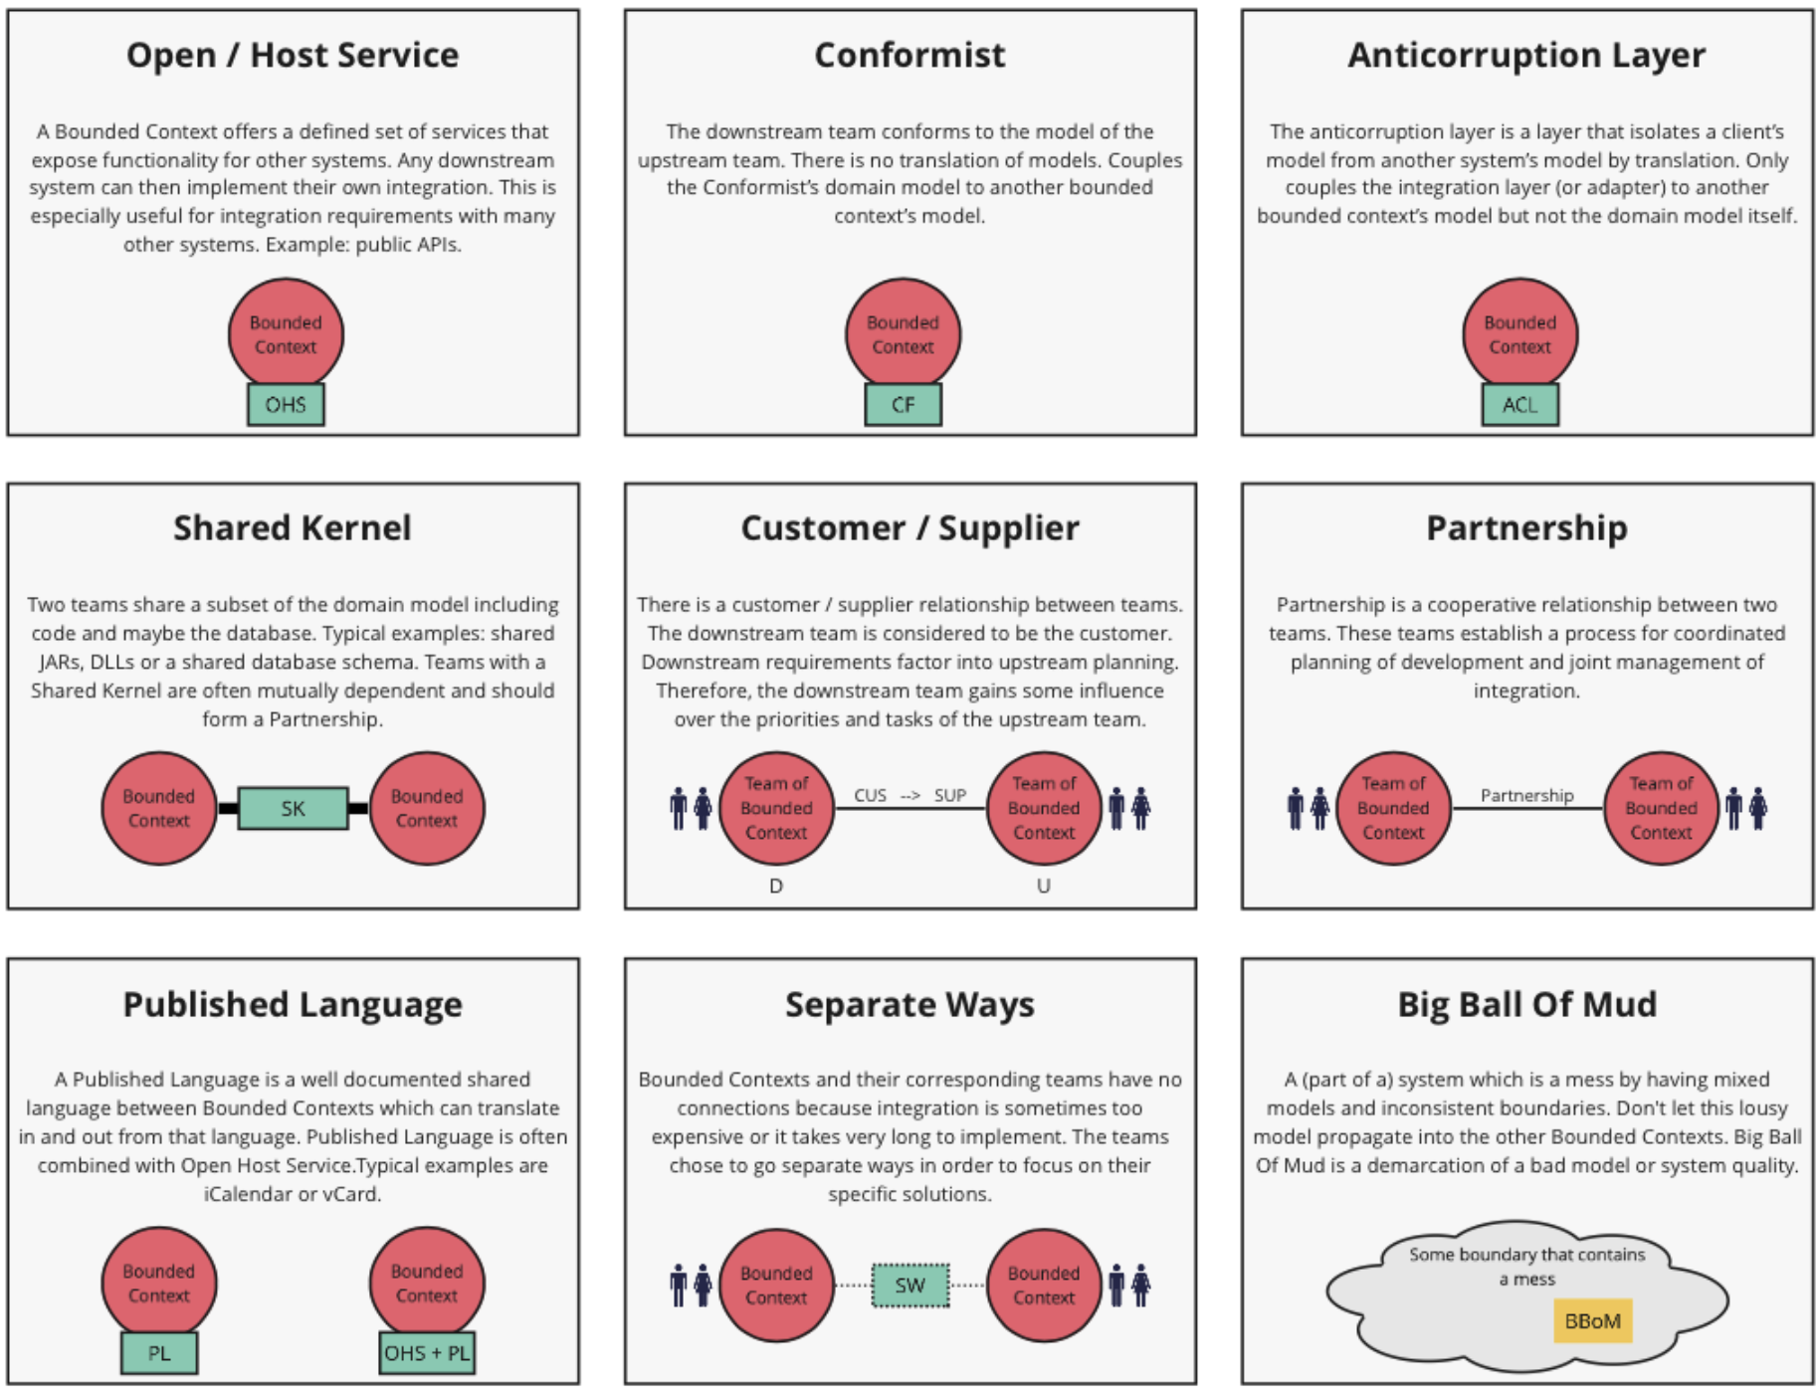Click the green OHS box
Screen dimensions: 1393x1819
pyautogui.click(x=286, y=405)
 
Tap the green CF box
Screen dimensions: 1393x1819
pyautogui.click(x=903, y=405)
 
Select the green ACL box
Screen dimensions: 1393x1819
pyautogui.click(x=1519, y=405)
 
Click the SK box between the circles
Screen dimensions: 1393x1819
pyautogui.click(x=293, y=808)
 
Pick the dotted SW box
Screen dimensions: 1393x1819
pyautogui.click(x=909, y=1286)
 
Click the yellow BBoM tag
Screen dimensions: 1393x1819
pyautogui.click(x=1592, y=1321)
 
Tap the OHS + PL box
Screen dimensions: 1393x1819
pyautogui.click(x=427, y=1353)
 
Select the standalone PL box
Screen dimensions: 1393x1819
pyautogui.click(x=159, y=1353)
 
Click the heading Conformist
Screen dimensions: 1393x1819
pyautogui.click(x=909, y=55)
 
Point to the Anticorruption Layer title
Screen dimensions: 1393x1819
pyautogui.click(x=1526, y=55)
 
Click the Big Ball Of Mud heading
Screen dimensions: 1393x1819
pyautogui.click(x=1526, y=1004)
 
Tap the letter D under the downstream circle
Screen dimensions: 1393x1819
pyautogui.click(x=776, y=886)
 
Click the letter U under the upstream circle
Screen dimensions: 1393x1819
pyautogui.click(x=1043, y=886)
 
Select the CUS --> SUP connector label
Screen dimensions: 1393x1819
pyautogui.click(x=909, y=795)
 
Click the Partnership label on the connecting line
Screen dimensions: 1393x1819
pyautogui.click(x=1526, y=795)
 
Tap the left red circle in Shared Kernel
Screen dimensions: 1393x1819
pyautogui.click(x=159, y=808)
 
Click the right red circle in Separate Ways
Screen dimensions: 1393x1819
pyautogui.click(x=1043, y=1286)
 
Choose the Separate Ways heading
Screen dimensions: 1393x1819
pyautogui.click(x=909, y=1004)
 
